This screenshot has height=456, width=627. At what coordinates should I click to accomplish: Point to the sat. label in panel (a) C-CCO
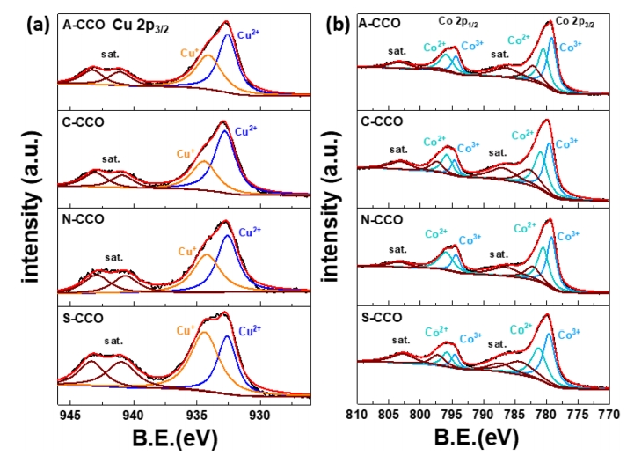tap(111, 159)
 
